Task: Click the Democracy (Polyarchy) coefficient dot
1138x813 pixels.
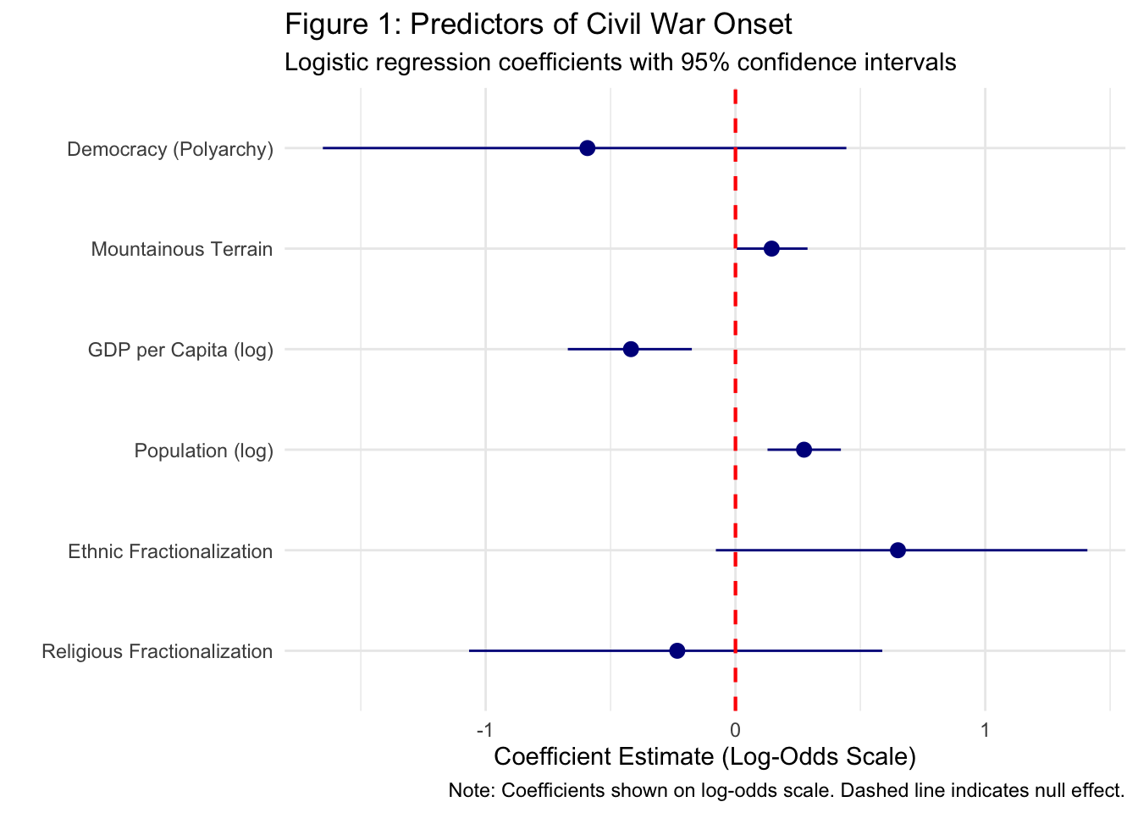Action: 588,148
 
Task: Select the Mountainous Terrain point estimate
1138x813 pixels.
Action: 771,249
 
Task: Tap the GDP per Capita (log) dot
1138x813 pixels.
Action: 631,349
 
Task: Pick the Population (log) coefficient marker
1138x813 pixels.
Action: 804,450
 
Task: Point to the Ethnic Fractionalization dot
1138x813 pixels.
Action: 898,550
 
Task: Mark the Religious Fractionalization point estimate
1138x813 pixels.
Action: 677,650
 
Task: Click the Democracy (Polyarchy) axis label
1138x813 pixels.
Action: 170,150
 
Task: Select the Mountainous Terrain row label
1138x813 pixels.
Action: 182,250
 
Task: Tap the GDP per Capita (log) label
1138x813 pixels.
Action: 180,351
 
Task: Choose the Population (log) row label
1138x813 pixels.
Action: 204,451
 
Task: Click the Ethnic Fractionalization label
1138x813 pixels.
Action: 170,552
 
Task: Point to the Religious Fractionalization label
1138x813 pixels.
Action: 157,652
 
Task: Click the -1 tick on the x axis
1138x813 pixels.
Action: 484,730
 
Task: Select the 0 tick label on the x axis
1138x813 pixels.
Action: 735,730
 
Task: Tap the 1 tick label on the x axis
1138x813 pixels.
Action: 985,730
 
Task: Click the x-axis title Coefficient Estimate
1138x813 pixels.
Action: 704,756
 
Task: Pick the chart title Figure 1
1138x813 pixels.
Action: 539,24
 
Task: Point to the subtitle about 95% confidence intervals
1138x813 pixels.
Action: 621,62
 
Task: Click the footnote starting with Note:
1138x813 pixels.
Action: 786,791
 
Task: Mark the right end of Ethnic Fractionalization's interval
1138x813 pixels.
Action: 1086,550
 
